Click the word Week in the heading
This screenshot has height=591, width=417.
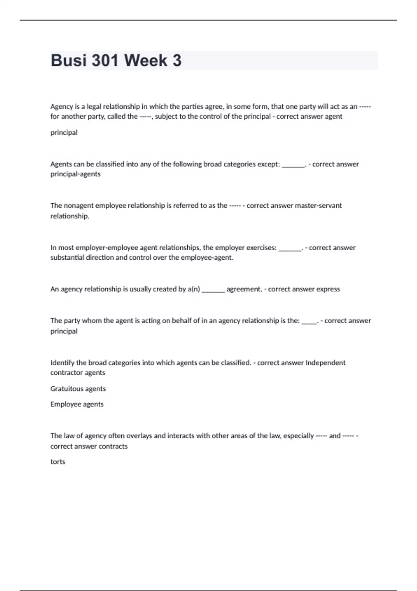[146, 60]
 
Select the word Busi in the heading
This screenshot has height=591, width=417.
[68, 60]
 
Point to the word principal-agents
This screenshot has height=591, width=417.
[75, 174]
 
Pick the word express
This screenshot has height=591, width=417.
[328, 289]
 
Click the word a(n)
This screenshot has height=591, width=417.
[194, 289]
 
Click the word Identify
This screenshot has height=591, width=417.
[62, 363]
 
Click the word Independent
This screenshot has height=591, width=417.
[325, 363]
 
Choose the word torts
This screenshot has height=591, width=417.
[58, 462]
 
